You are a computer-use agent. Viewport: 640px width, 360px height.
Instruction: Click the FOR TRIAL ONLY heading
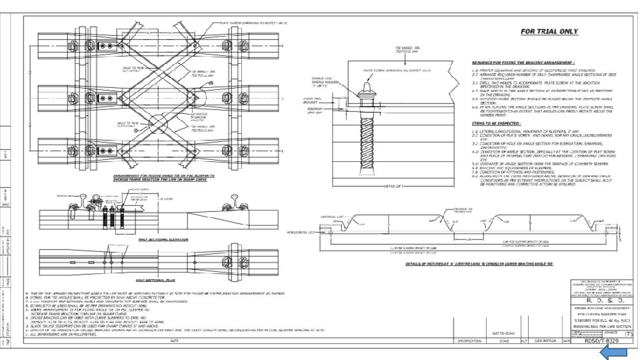pyautogui.click(x=549, y=31)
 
